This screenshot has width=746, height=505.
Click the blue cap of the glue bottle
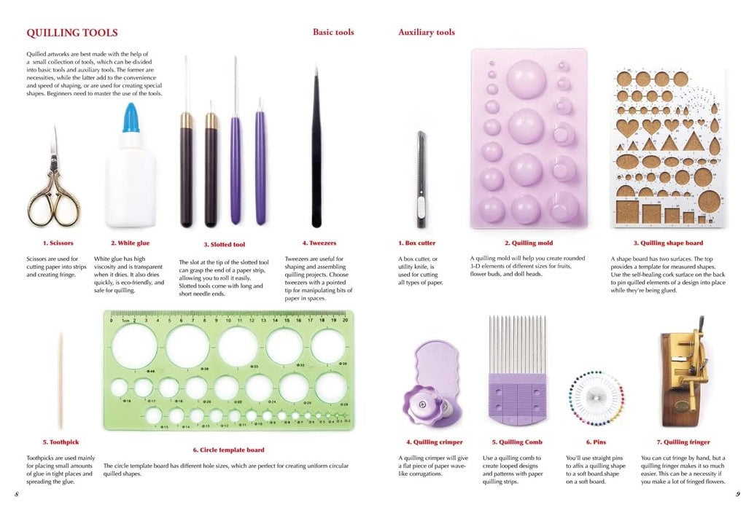click(131, 118)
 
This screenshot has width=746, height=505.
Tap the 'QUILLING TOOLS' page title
click(72, 33)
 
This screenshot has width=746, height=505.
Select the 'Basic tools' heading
click(333, 32)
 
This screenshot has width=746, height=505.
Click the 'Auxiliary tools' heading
click(427, 32)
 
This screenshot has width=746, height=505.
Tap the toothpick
click(61, 380)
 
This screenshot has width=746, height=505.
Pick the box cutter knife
click(421, 180)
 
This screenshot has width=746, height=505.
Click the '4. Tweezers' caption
click(319, 243)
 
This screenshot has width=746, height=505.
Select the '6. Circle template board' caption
click(228, 450)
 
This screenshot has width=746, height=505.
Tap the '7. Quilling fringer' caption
click(683, 442)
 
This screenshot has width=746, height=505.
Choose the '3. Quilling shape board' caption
click(668, 243)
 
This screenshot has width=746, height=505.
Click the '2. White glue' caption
click(130, 243)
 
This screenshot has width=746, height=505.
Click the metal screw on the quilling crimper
click(422, 404)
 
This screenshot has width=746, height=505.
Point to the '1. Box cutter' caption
click(417, 243)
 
